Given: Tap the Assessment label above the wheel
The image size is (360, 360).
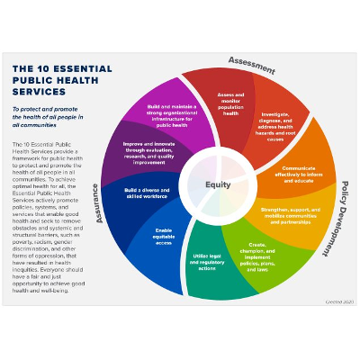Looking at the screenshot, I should click(x=251, y=62).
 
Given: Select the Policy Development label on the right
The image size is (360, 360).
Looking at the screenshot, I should click(x=345, y=220).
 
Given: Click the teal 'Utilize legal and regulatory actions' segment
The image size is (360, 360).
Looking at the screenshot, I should click(x=210, y=262).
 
